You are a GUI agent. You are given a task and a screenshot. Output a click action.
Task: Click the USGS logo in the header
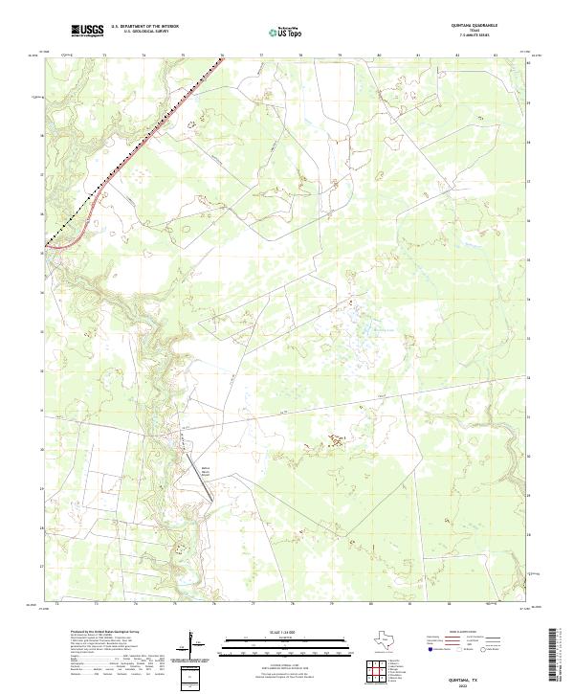88,31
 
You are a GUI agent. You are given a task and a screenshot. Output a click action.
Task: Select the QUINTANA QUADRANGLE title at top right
475,26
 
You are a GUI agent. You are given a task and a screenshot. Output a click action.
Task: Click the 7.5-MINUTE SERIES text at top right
475,36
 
